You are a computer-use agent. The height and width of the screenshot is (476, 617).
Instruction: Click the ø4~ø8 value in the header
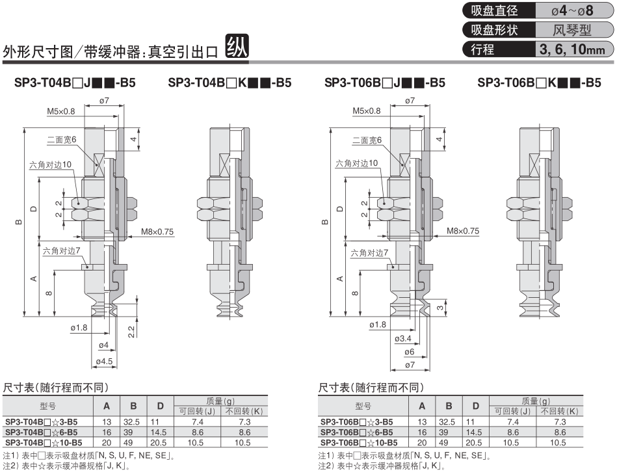pos(572,11)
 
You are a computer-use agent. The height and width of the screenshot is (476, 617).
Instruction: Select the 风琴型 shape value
pos(572,30)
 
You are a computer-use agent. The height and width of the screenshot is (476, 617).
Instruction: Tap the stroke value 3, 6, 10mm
pos(572,49)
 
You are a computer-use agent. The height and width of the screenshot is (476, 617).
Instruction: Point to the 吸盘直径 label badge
pos(495,11)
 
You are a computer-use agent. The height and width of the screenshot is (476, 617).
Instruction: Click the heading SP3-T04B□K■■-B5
pos(230,83)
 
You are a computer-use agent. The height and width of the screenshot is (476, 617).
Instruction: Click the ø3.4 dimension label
pos(404,339)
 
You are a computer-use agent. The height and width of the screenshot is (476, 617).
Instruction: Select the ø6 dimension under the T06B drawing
pos(409,351)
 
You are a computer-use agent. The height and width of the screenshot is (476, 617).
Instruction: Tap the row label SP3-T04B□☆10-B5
pos(43,442)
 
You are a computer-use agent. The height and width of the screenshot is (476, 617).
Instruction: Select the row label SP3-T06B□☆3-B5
pos(358,421)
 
